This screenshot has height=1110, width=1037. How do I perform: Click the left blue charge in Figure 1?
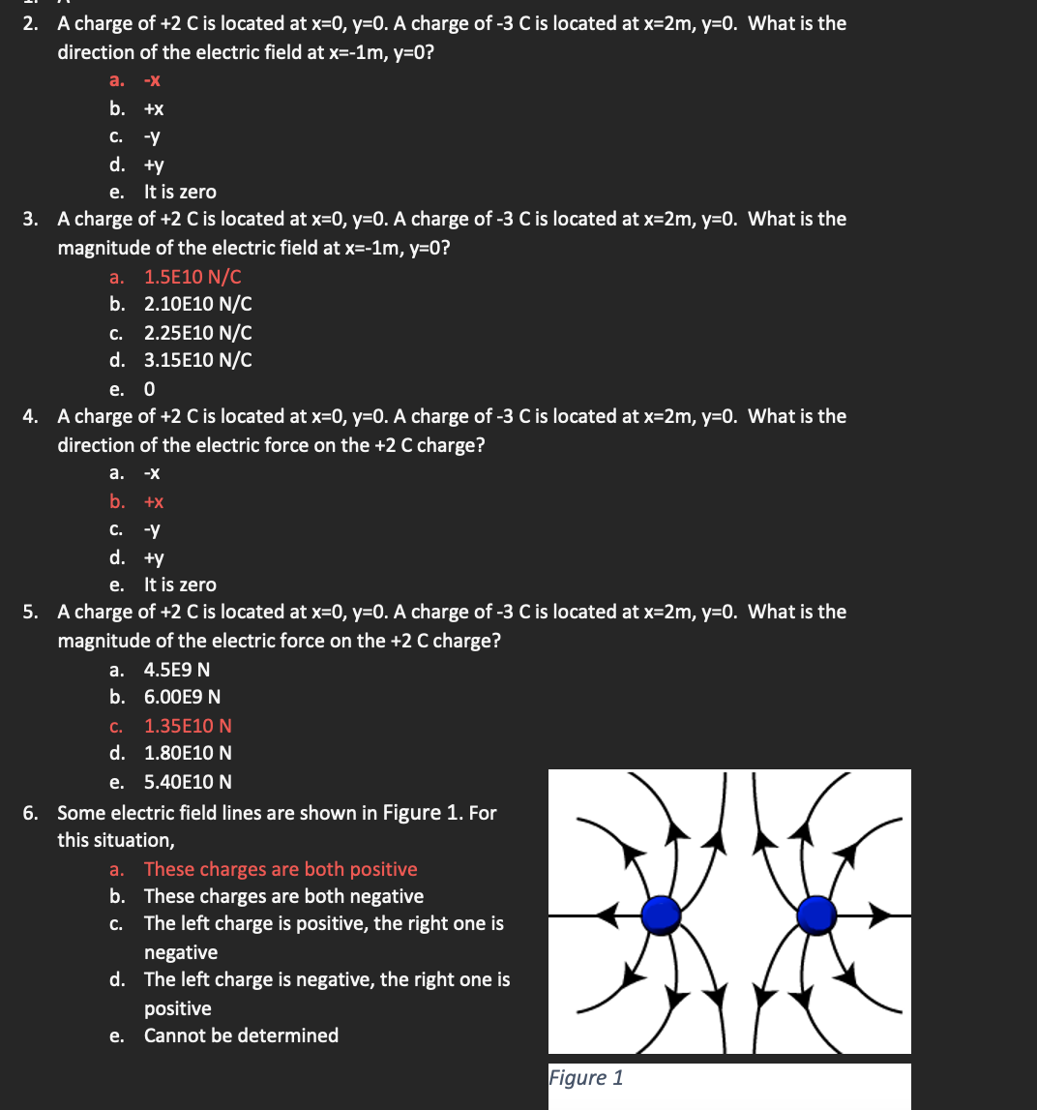tap(662, 912)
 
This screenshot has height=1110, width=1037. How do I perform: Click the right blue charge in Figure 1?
tap(817, 912)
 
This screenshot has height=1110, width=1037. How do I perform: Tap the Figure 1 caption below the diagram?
tap(586, 1077)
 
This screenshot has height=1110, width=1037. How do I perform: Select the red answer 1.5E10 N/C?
tap(193, 277)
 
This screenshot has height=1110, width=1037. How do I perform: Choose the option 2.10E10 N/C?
tap(197, 304)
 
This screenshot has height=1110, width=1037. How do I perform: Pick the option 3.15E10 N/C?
tap(197, 360)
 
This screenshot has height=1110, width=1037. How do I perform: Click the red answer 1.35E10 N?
tap(188, 726)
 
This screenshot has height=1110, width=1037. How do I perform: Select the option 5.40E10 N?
tap(188, 782)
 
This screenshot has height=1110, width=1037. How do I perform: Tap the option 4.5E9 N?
tap(177, 670)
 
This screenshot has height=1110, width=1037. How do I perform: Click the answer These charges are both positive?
tap(281, 869)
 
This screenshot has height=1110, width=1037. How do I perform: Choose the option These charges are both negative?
tap(283, 896)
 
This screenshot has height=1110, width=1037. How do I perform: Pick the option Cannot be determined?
tap(241, 1035)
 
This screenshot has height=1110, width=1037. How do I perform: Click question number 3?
tap(31, 220)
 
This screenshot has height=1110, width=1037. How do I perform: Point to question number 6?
tap(31, 813)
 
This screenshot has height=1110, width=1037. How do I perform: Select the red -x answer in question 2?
tap(152, 82)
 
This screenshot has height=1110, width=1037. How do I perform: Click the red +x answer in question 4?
tap(154, 502)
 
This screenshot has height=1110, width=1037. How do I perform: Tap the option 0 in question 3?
tap(149, 389)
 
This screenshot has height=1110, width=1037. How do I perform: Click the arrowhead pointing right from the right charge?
tap(880, 913)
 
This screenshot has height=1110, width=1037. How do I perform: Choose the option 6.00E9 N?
tap(182, 697)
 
